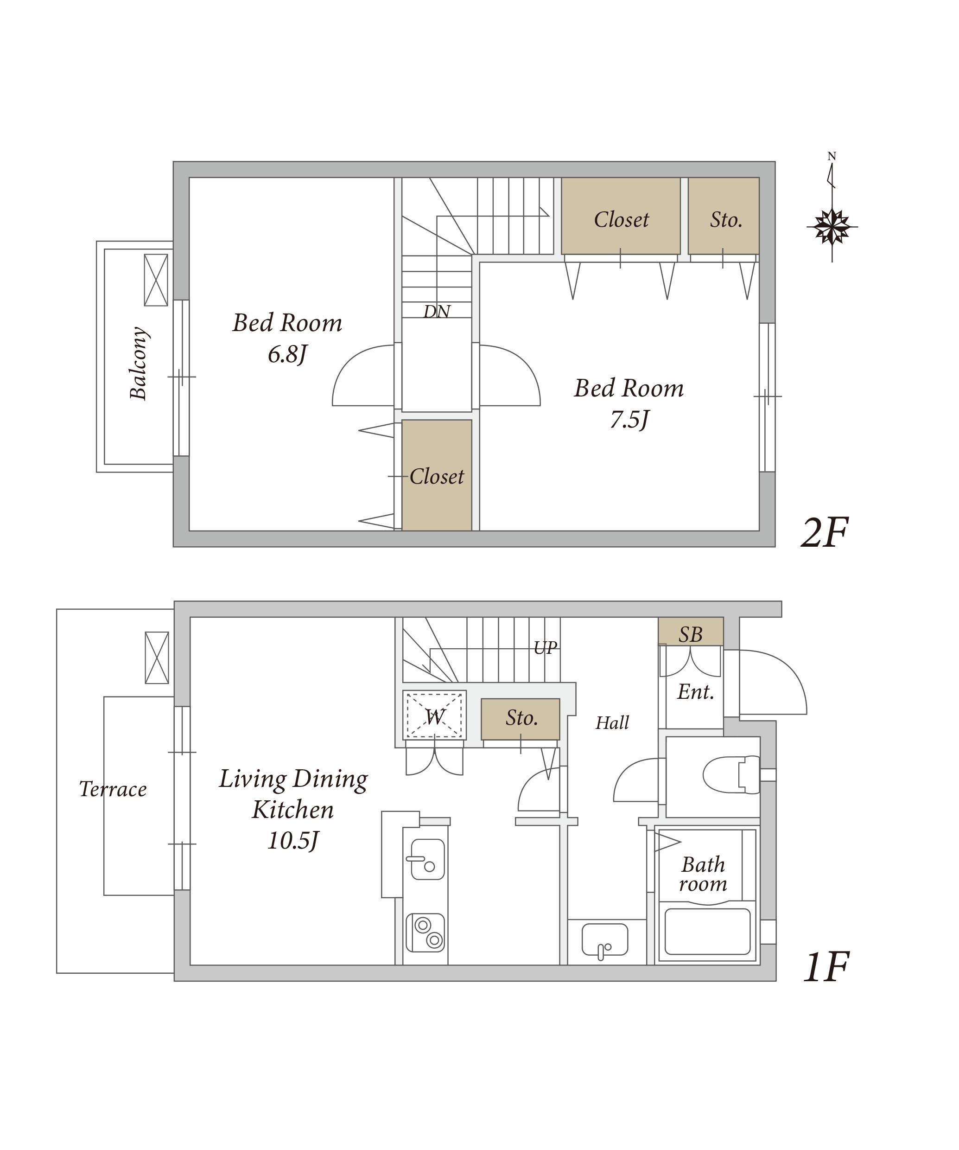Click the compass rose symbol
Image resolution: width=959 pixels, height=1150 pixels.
pyautogui.click(x=832, y=226)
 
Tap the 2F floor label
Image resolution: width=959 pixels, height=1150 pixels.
pyautogui.click(x=824, y=532)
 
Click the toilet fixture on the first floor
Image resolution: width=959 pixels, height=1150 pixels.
pyautogui.click(x=731, y=775)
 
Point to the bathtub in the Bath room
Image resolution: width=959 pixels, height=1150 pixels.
pyautogui.click(x=707, y=932)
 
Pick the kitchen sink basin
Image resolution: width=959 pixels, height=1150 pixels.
pyautogui.click(x=427, y=859)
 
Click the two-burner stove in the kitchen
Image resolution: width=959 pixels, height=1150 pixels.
pyautogui.click(x=426, y=933)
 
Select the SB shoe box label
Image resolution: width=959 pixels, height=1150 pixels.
pyautogui.click(x=691, y=635)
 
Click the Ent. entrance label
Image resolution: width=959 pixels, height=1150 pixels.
pyautogui.click(x=696, y=692)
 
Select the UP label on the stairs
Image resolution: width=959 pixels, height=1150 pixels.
pyautogui.click(x=545, y=648)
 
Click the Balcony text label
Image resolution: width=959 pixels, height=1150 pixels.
pyautogui.click(x=139, y=363)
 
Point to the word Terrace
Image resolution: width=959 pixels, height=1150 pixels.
pyautogui.click(x=113, y=789)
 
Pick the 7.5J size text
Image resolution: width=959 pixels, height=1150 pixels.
pyautogui.click(x=629, y=420)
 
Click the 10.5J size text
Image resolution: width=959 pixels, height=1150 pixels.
pyautogui.click(x=293, y=841)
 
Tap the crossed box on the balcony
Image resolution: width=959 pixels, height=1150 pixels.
pyautogui.click(x=156, y=280)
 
